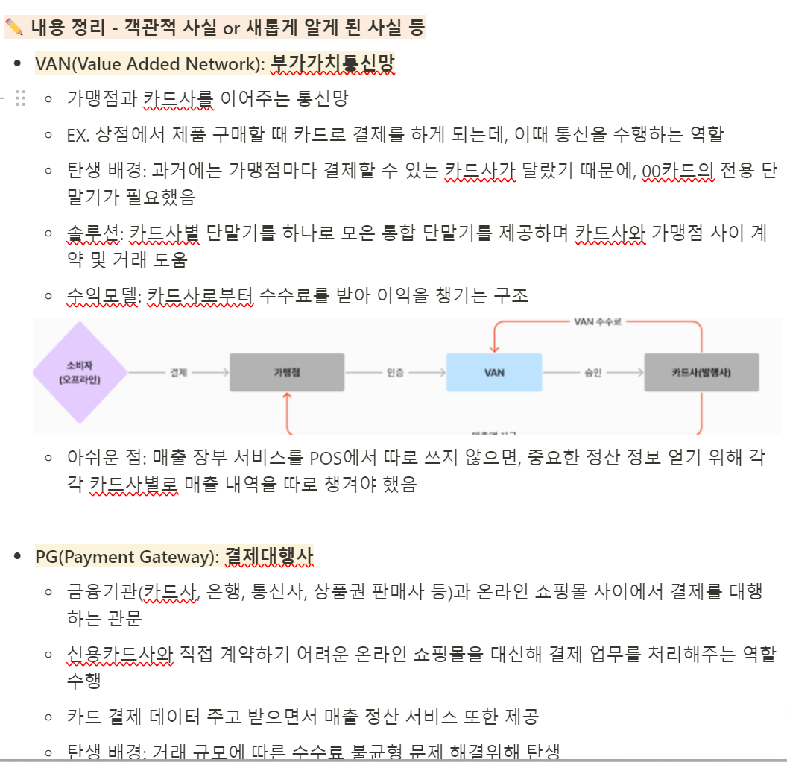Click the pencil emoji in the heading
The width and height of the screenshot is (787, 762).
[14, 28]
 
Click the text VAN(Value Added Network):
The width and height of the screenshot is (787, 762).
[150, 64]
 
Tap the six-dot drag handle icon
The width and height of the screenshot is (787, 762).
[21, 98]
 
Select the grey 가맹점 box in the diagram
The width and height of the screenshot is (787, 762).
[286, 372]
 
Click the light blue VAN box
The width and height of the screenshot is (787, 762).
[493, 372]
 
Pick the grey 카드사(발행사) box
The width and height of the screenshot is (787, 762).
[702, 372]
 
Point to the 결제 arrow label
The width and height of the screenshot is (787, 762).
[179, 372]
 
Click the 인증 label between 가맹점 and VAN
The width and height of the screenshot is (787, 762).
[396, 372]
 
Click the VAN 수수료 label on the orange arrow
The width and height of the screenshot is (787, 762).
[598, 321]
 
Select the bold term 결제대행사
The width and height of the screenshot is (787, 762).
[269, 557]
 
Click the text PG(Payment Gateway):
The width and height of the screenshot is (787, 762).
[127, 557]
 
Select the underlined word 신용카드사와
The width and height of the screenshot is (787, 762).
[119, 655]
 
